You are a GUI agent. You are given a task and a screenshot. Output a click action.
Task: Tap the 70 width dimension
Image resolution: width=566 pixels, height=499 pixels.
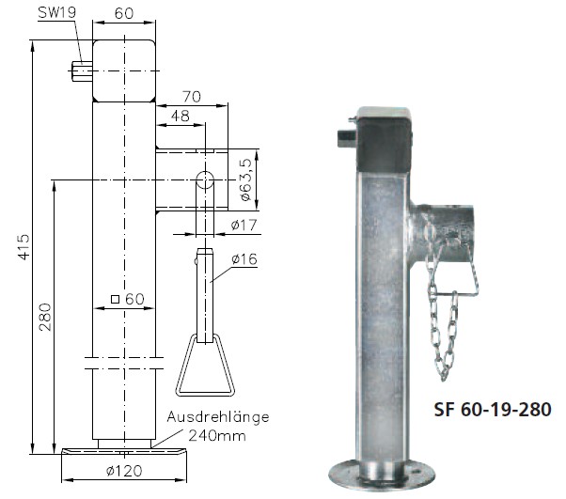coord(193,96)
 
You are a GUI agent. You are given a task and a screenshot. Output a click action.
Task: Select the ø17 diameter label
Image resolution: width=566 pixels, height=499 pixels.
coord(245,226)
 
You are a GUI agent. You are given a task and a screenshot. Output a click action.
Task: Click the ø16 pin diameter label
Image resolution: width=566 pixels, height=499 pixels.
coord(245,258)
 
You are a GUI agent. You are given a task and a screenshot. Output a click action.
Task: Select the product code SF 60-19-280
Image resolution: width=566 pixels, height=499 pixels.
coord(492,410)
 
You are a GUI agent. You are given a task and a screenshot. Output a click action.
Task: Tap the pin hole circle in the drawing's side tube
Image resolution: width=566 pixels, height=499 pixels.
coord(204,180)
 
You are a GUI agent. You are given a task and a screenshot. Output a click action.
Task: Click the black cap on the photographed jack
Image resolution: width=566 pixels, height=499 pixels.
coord(385,136)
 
